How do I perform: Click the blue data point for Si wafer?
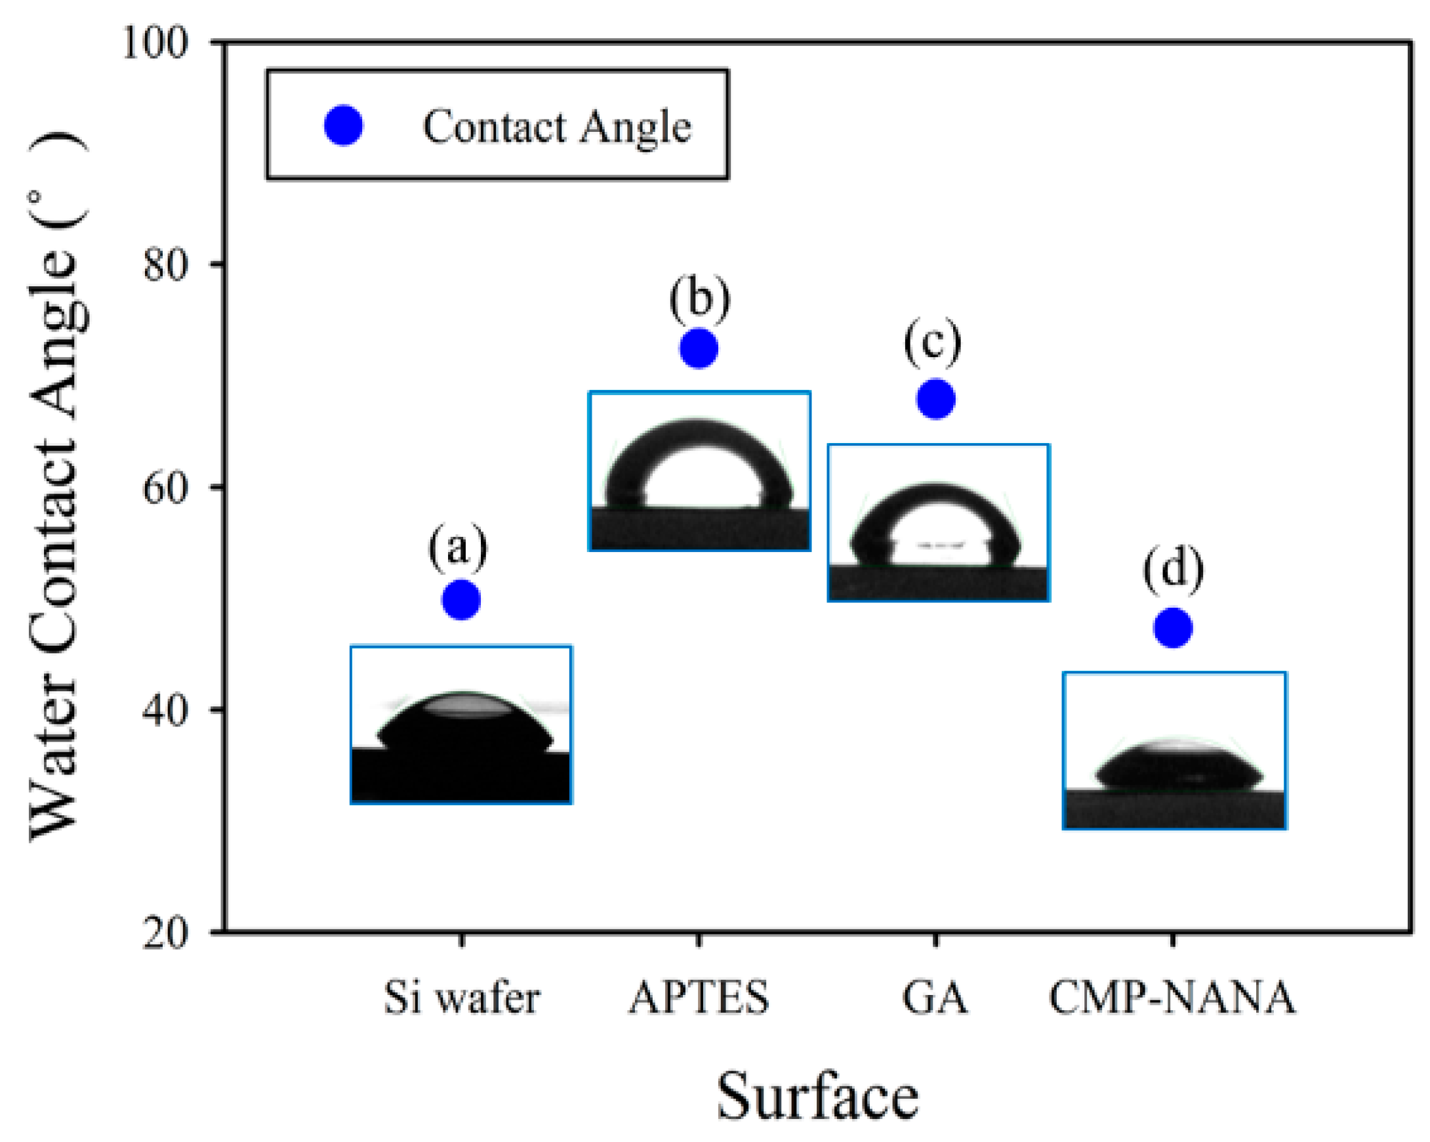[461, 600]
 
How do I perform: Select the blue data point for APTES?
[699, 349]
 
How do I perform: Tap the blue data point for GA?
[935, 400]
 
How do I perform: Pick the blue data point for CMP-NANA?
[1173, 627]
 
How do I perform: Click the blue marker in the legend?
[343, 125]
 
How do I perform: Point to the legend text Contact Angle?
[556, 127]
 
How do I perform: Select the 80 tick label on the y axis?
[166, 265]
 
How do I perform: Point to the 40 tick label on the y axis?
[166, 711]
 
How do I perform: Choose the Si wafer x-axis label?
[462, 998]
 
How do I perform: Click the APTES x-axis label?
[699, 998]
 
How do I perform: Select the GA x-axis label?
[935, 998]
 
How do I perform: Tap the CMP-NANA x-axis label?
[1172, 998]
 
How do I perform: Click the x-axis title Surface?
[817, 1096]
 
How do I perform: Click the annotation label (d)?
[1173, 569]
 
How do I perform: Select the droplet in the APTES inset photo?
[699, 465]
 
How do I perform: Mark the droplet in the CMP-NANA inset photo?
[1179, 767]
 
